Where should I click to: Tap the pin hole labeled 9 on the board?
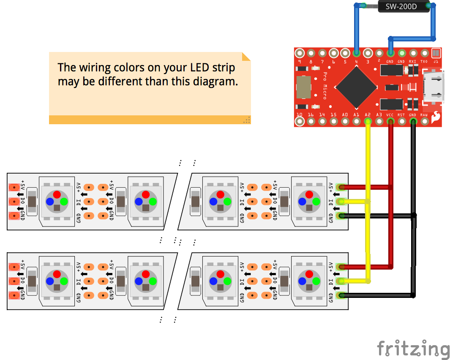coord(300,53)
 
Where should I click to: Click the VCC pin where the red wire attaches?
coord(390,122)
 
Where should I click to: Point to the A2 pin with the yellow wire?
coord(368,122)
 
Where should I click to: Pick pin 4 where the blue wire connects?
coord(356,53)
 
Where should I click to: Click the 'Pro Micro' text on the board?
coord(325,85)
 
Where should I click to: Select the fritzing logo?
coord(413,349)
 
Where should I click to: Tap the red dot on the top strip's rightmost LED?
coord(309,194)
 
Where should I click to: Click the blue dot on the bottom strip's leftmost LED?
coord(50,281)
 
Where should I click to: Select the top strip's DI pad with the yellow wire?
coord(340,202)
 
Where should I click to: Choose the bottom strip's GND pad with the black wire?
coord(340,295)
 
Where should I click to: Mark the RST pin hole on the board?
coord(401,122)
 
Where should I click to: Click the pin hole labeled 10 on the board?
coord(300,122)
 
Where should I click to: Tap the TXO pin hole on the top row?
coord(424,53)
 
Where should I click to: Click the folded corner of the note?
coord(246,57)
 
